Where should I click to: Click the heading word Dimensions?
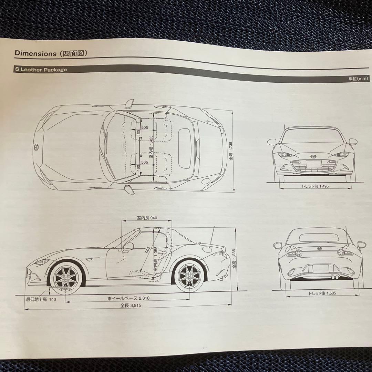pos(35,53)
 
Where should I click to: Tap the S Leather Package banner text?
pos(41,70)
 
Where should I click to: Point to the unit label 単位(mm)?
pos(358,79)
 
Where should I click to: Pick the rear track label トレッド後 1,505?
pos(322,293)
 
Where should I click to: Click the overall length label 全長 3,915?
pos(131,305)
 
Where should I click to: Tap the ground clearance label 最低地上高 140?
pos(41,299)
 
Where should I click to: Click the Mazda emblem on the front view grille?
pos(313,157)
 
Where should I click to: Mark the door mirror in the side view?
pos(128,246)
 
